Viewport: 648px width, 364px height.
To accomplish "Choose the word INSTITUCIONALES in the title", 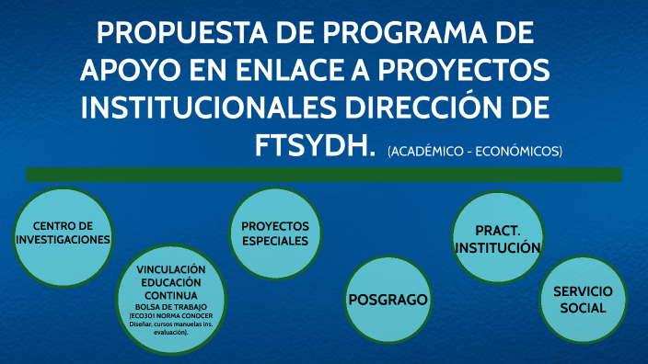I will [x=208, y=108].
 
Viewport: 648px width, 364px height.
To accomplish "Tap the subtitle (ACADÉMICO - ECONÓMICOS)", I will [x=474, y=151].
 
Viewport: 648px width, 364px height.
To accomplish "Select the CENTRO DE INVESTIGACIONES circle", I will [x=63, y=233].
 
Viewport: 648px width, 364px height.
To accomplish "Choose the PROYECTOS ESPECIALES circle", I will [x=274, y=233].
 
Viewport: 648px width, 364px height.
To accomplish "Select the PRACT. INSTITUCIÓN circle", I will [x=497, y=239].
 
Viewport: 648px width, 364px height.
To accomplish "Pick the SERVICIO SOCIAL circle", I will [x=583, y=300].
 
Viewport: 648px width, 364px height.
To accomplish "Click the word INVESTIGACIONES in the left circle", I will [x=63, y=239].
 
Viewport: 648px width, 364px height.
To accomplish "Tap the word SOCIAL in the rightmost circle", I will [x=583, y=308].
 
